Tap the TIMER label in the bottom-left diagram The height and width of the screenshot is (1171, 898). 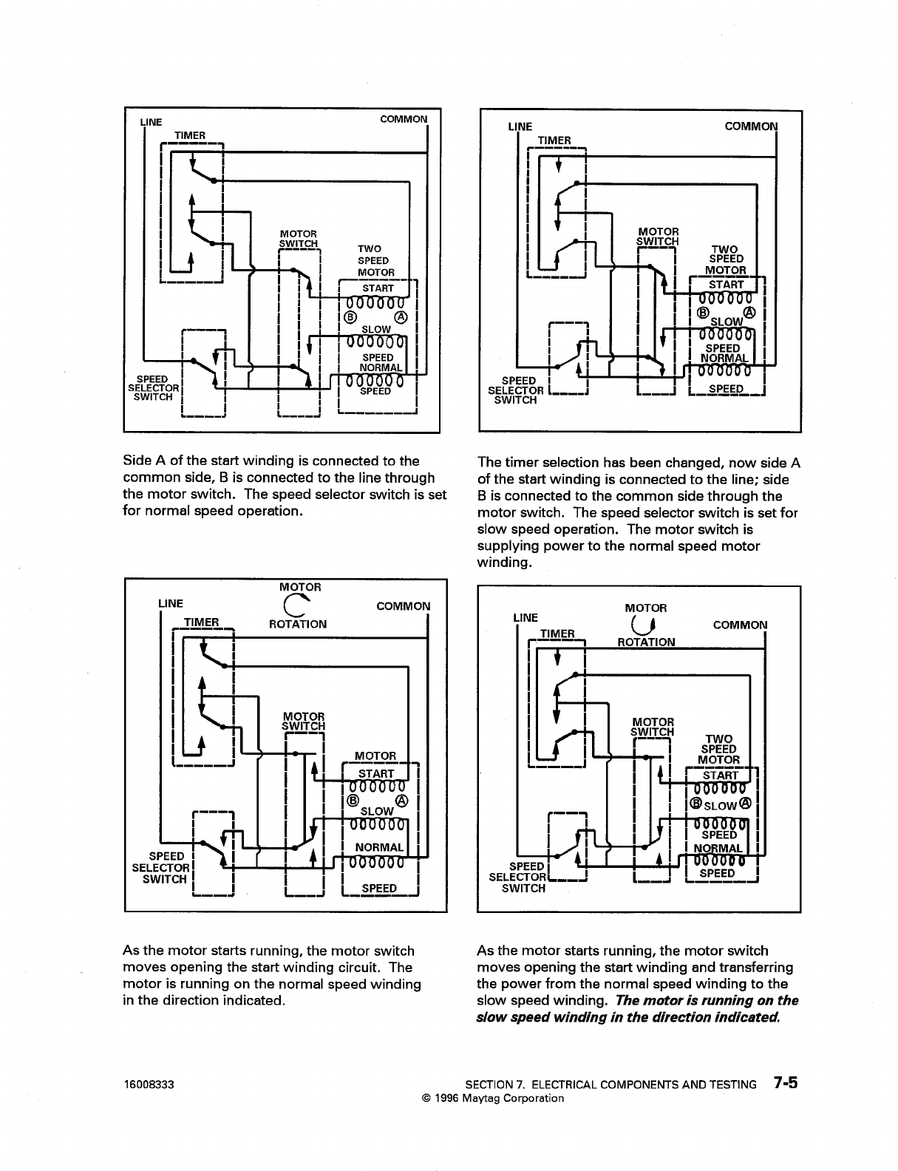point(202,622)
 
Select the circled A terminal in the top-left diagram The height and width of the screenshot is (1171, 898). point(401,318)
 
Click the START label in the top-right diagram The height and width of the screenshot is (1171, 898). point(726,285)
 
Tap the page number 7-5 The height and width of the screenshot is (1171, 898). point(786,1083)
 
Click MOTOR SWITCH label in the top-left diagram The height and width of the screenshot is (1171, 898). point(299,239)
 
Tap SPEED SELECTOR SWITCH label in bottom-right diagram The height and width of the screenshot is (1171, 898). point(523,877)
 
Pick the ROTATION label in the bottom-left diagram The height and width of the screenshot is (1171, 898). point(298,623)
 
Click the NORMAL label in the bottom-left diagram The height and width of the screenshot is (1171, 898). point(379,847)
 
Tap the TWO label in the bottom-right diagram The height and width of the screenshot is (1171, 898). point(718,739)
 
